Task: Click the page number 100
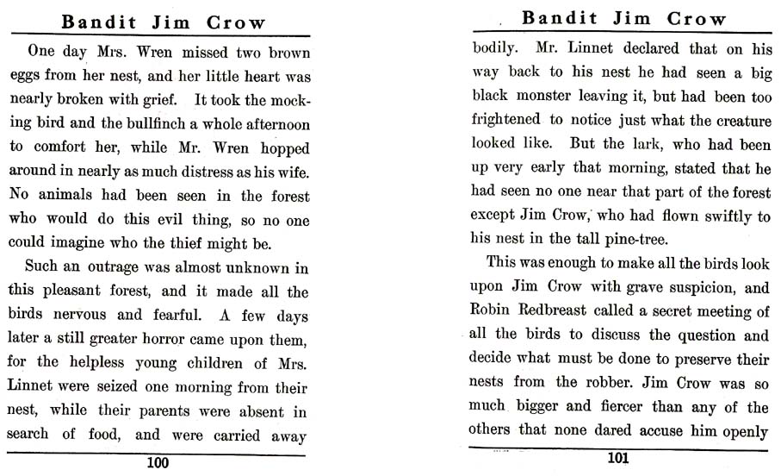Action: (x=158, y=463)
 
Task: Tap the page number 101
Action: (x=617, y=458)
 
